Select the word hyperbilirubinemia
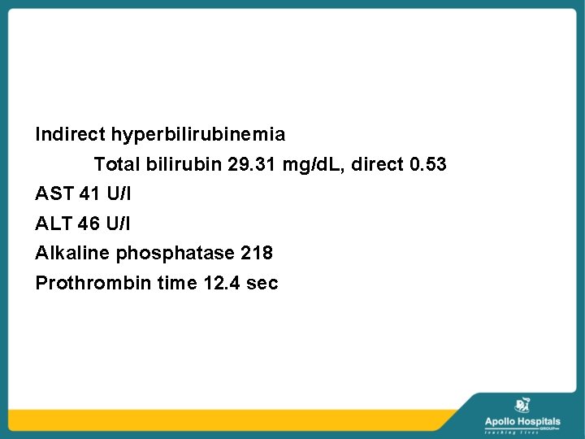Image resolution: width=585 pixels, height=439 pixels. coord(198,134)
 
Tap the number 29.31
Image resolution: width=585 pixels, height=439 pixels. coord(253,164)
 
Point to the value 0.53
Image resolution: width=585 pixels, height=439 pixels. coord(428,164)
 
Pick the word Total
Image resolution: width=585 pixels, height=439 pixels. coord(118,164)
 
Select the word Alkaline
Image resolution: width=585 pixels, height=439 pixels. coord(73,253)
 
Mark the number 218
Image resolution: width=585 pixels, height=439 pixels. coord(257,253)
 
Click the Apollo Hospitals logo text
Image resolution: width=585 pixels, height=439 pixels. coord(522,421)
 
